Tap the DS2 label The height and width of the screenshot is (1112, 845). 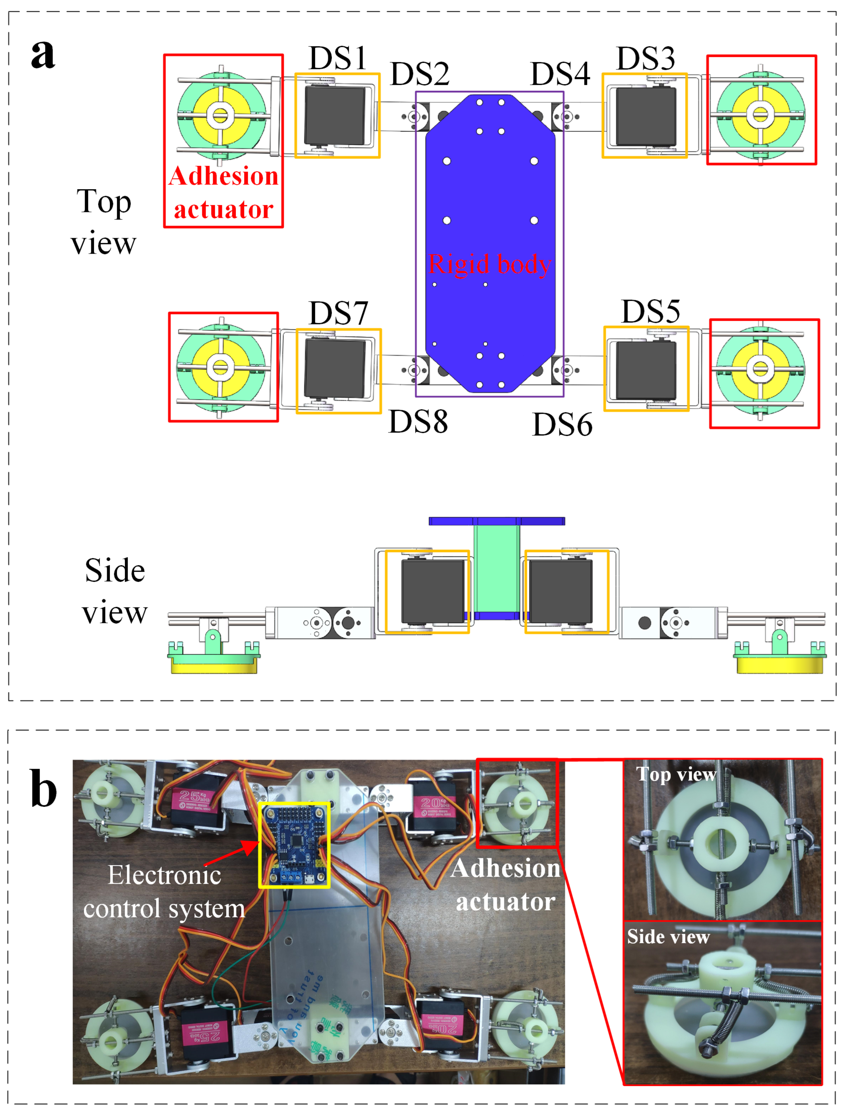click(419, 75)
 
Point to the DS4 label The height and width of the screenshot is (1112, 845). click(560, 75)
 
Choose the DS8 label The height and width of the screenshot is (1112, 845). click(418, 422)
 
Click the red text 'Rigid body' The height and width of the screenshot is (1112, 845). click(489, 264)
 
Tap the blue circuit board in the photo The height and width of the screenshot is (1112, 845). click(294, 845)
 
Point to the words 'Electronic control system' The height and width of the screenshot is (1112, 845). click(165, 891)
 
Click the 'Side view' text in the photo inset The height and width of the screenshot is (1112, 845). click(668, 937)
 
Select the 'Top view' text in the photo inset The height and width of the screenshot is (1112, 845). click(675, 774)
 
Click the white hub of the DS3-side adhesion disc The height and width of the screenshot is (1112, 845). click(760, 115)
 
